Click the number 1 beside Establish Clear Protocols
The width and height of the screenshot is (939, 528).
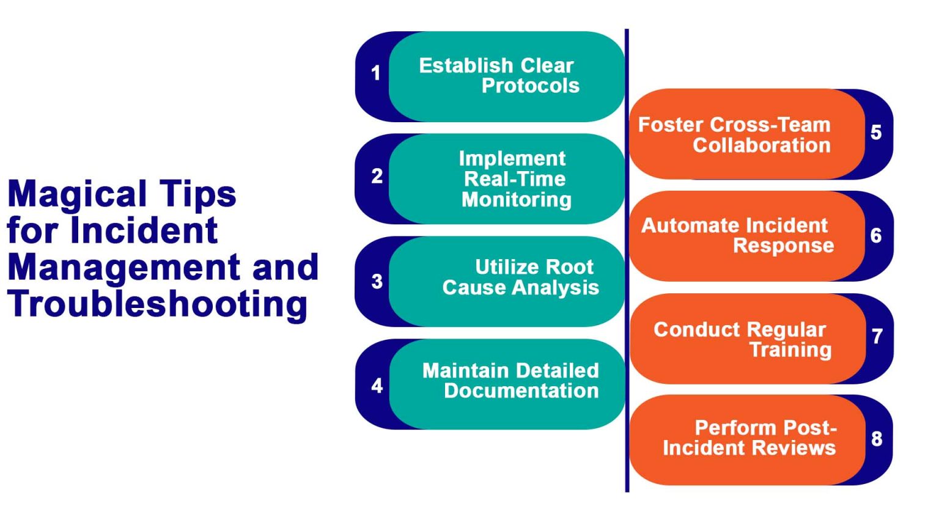pyautogui.click(x=376, y=73)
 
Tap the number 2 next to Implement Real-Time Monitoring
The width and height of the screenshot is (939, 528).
pyautogui.click(x=377, y=176)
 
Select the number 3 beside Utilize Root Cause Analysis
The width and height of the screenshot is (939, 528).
pyautogui.click(x=377, y=281)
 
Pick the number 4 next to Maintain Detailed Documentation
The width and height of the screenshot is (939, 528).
pyautogui.click(x=377, y=385)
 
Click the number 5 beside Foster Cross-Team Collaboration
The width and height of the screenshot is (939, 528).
pyautogui.click(x=876, y=133)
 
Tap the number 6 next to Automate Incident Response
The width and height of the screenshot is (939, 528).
pyautogui.click(x=876, y=235)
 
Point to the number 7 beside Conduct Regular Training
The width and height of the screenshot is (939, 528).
pyautogui.click(x=877, y=336)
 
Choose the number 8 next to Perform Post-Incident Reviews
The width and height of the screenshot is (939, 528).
pyautogui.click(x=877, y=438)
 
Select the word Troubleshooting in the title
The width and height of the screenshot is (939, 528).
pyautogui.click(x=157, y=304)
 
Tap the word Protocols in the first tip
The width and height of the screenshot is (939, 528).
pyautogui.click(x=530, y=86)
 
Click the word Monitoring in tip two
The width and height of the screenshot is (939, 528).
pyautogui.click(x=517, y=200)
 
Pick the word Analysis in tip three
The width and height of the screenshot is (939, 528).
pyautogui.click(x=562, y=287)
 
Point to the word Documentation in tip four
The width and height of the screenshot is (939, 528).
pyautogui.click(x=521, y=391)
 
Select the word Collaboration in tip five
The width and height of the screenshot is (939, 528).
pyautogui.click(x=761, y=145)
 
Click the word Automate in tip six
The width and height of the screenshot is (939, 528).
pyautogui.click(x=683, y=226)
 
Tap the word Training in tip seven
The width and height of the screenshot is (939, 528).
pyautogui.click(x=790, y=350)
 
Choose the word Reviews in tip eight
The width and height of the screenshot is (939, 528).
pyautogui.click(x=798, y=448)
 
